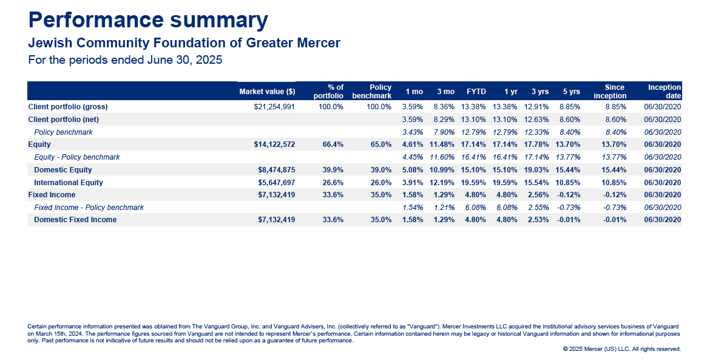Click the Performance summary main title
(148, 21)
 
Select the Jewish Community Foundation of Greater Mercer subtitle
(184, 43)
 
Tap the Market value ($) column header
(268, 92)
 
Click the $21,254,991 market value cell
(274, 107)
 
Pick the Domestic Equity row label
(63, 170)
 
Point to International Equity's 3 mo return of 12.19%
(442, 183)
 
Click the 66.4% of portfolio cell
(333, 145)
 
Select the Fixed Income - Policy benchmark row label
(89, 208)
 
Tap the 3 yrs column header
(540, 92)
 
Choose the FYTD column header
(476, 92)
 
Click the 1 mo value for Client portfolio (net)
(413, 120)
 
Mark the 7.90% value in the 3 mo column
(444, 132)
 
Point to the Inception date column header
(665, 92)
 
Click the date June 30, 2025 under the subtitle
(184, 60)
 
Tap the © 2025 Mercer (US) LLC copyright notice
(622, 349)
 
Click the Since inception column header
(610, 92)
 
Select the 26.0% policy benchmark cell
(381, 183)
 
